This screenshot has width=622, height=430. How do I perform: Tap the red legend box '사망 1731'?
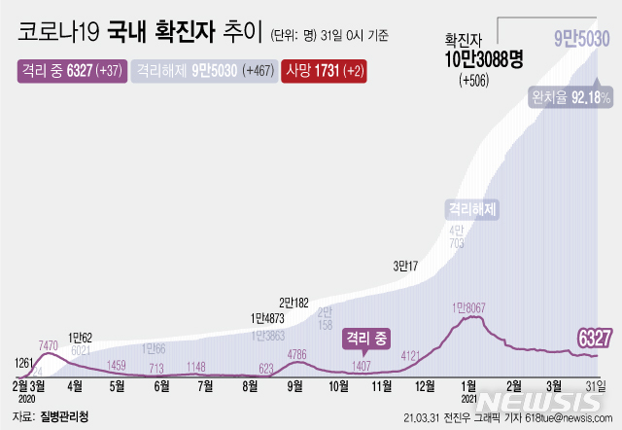point(324,71)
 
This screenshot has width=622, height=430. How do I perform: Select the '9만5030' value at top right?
point(581,38)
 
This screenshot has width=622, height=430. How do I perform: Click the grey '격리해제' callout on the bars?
point(471,208)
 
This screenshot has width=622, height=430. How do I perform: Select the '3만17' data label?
point(406,265)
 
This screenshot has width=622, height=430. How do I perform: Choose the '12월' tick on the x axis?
point(426,386)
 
